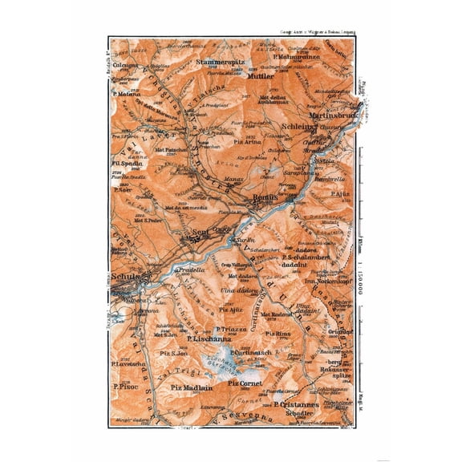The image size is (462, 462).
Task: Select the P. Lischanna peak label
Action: tap(207, 339)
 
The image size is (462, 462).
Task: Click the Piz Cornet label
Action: tap(246, 384)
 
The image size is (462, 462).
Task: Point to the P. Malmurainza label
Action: tap(295, 58)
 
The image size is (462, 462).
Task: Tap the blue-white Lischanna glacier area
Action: tap(241, 365)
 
